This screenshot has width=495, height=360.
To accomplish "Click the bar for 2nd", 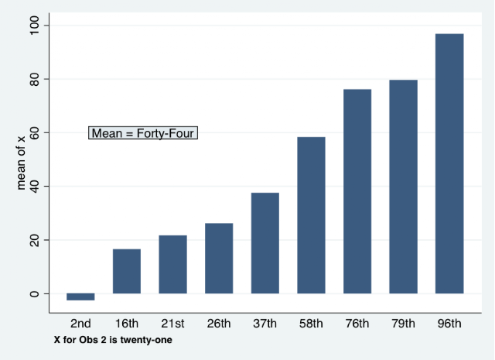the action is point(80,297).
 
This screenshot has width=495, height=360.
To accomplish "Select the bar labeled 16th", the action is point(127,271).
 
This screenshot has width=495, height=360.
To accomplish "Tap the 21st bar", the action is point(172,264).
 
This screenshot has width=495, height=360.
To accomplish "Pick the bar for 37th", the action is point(265,243).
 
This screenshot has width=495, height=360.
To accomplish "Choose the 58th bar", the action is point(311,215).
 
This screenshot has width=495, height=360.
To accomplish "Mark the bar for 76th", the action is point(357,191).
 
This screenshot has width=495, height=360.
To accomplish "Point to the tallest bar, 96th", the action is point(449,163).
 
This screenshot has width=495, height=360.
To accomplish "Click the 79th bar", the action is point(403,187).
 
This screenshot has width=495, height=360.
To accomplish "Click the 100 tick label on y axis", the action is point(34,26).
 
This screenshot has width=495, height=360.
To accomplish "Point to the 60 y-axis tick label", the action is point(34,132).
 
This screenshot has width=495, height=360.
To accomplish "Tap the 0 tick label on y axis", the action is point(34,294).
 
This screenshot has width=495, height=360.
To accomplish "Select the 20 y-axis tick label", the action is point(34,240).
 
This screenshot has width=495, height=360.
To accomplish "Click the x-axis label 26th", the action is point(219,324).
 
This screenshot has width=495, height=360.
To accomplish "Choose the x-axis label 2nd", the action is point(80,324).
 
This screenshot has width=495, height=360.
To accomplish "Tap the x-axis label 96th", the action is point(449,324).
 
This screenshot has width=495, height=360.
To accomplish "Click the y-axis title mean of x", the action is point(21,163).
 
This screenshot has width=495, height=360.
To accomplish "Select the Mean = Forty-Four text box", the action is point(143,132).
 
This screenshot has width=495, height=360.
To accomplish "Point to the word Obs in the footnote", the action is point(87,340).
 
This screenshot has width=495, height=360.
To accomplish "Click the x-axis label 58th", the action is point(311,324).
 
